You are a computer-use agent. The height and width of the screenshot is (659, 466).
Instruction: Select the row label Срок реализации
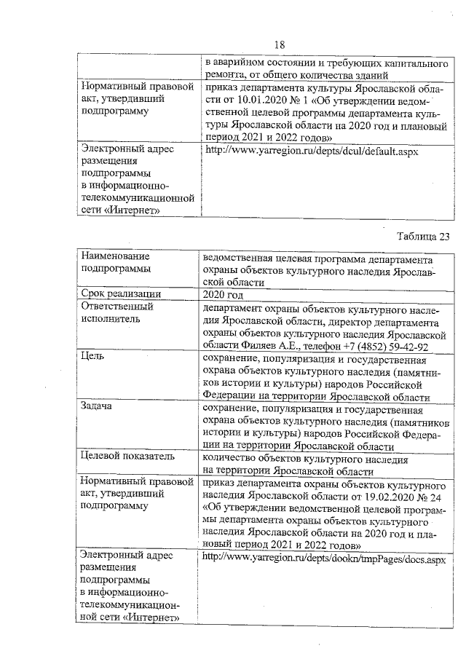point(121,294)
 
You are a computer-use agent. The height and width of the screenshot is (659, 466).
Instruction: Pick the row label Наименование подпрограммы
point(115,263)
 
